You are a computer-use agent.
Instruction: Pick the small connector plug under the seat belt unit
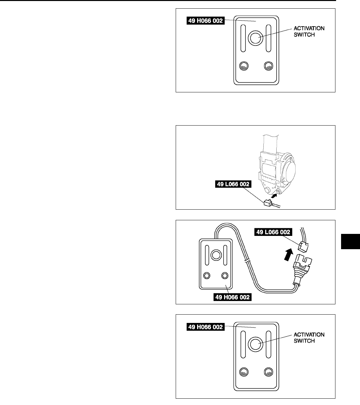(x=267, y=203)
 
